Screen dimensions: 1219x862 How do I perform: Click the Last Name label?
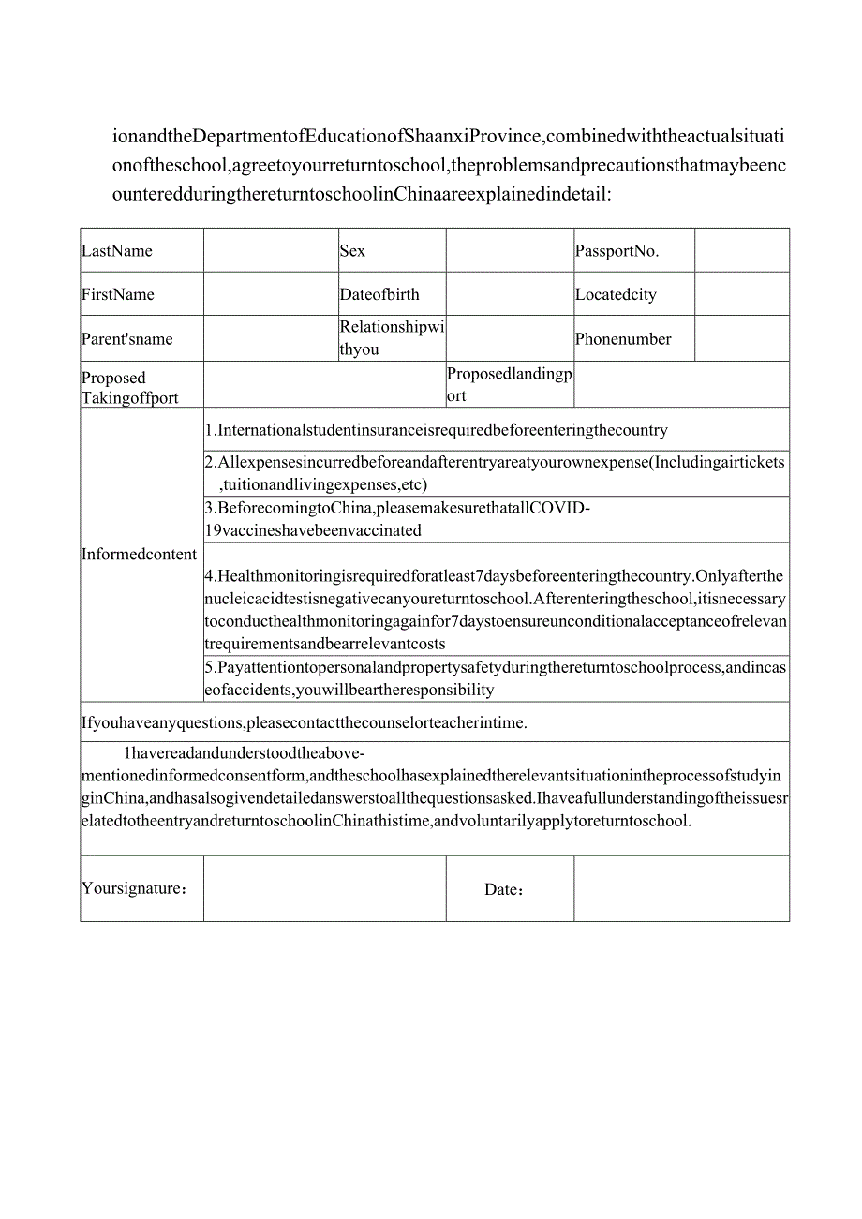(x=117, y=251)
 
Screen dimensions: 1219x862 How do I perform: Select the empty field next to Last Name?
(x=271, y=250)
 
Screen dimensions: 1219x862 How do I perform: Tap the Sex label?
(x=353, y=251)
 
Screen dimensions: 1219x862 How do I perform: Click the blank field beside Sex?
(x=510, y=250)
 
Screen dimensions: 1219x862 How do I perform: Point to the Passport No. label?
(x=617, y=251)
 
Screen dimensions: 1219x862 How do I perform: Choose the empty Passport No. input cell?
(x=741, y=250)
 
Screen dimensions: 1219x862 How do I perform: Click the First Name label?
(x=118, y=294)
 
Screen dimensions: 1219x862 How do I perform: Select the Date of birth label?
(x=379, y=294)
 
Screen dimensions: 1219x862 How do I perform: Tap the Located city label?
(x=616, y=294)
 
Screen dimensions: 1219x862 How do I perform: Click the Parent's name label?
(x=127, y=339)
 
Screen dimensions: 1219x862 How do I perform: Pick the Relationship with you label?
(x=392, y=338)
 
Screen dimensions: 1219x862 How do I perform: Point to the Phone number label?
(x=623, y=339)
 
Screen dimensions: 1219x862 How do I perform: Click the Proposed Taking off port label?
(x=130, y=388)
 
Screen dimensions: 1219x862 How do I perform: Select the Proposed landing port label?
(x=509, y=384)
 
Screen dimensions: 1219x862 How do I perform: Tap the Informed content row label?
(x=140, y=554)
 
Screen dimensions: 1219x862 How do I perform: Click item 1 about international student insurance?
(x=437, y=431)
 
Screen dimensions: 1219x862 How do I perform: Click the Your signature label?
(x=134, y=888)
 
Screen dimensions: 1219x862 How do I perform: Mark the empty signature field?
(x=324, y=888)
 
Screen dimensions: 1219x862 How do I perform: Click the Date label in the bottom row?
(x=504, y=889)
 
